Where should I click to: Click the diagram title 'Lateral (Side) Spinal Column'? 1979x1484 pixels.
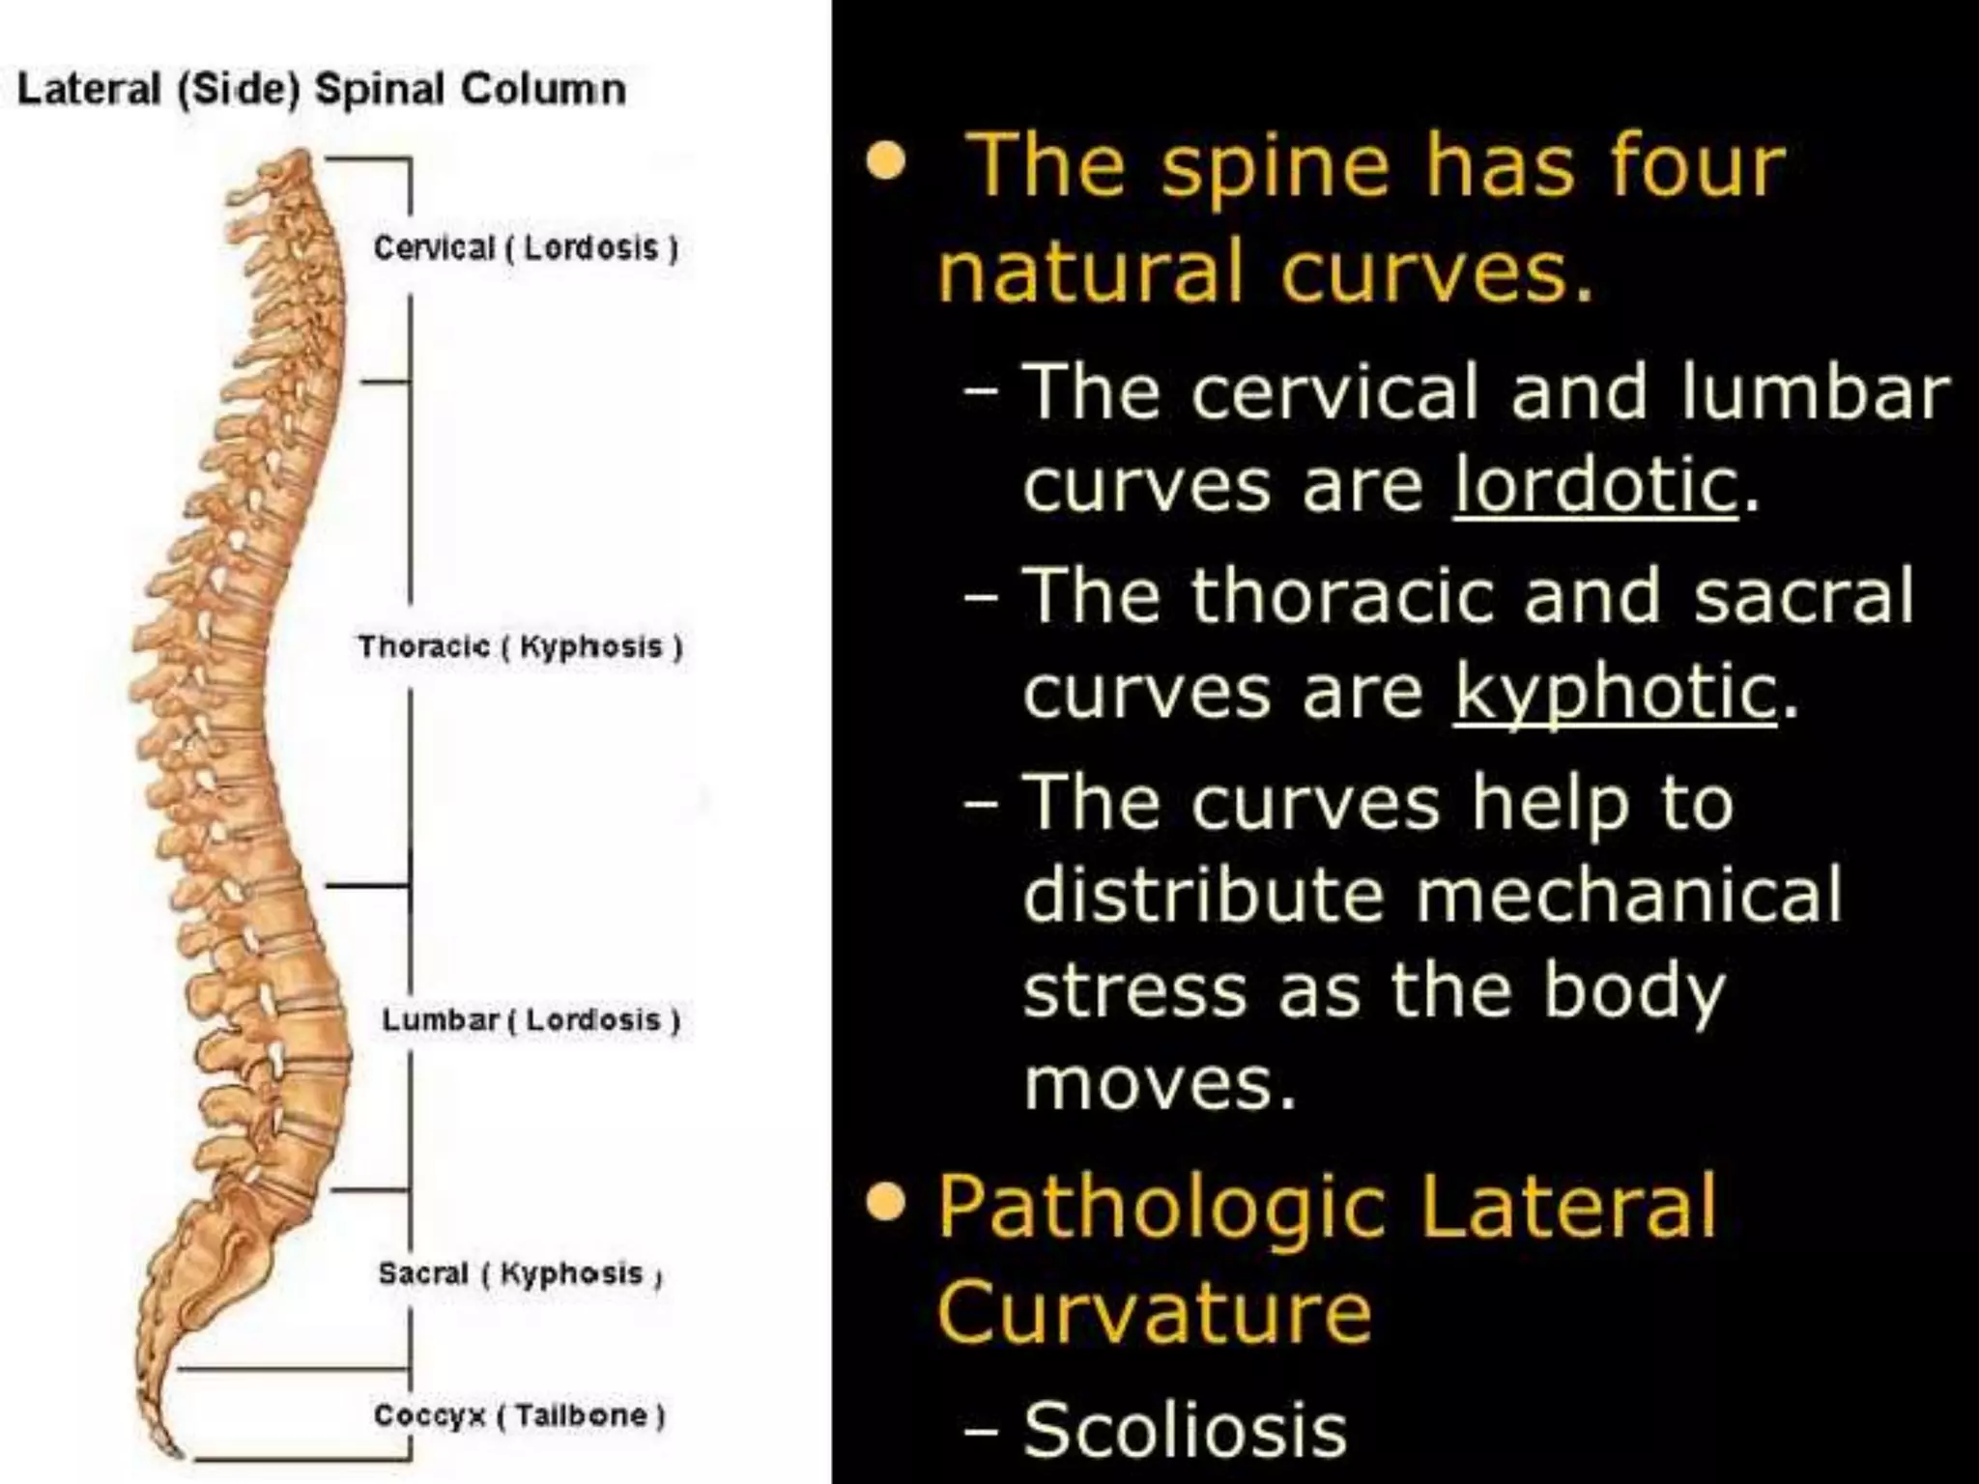[322, 90]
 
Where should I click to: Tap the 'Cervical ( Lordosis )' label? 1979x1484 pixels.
[526, 248]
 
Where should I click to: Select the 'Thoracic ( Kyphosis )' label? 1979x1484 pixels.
[520, 646]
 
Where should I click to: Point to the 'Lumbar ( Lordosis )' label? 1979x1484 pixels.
[531, 1019]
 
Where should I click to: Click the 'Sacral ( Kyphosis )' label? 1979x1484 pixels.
[520, 1273]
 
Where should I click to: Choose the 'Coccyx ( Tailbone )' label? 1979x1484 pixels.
[519, 1415]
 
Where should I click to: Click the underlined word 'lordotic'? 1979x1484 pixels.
[1595, 485]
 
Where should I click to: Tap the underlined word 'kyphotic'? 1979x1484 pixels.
[1615, 692]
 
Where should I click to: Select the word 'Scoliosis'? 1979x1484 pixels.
[1185, 1430]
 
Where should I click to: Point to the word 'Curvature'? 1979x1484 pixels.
[1154, 1312]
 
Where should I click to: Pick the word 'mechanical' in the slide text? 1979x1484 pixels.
[1629, 894]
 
